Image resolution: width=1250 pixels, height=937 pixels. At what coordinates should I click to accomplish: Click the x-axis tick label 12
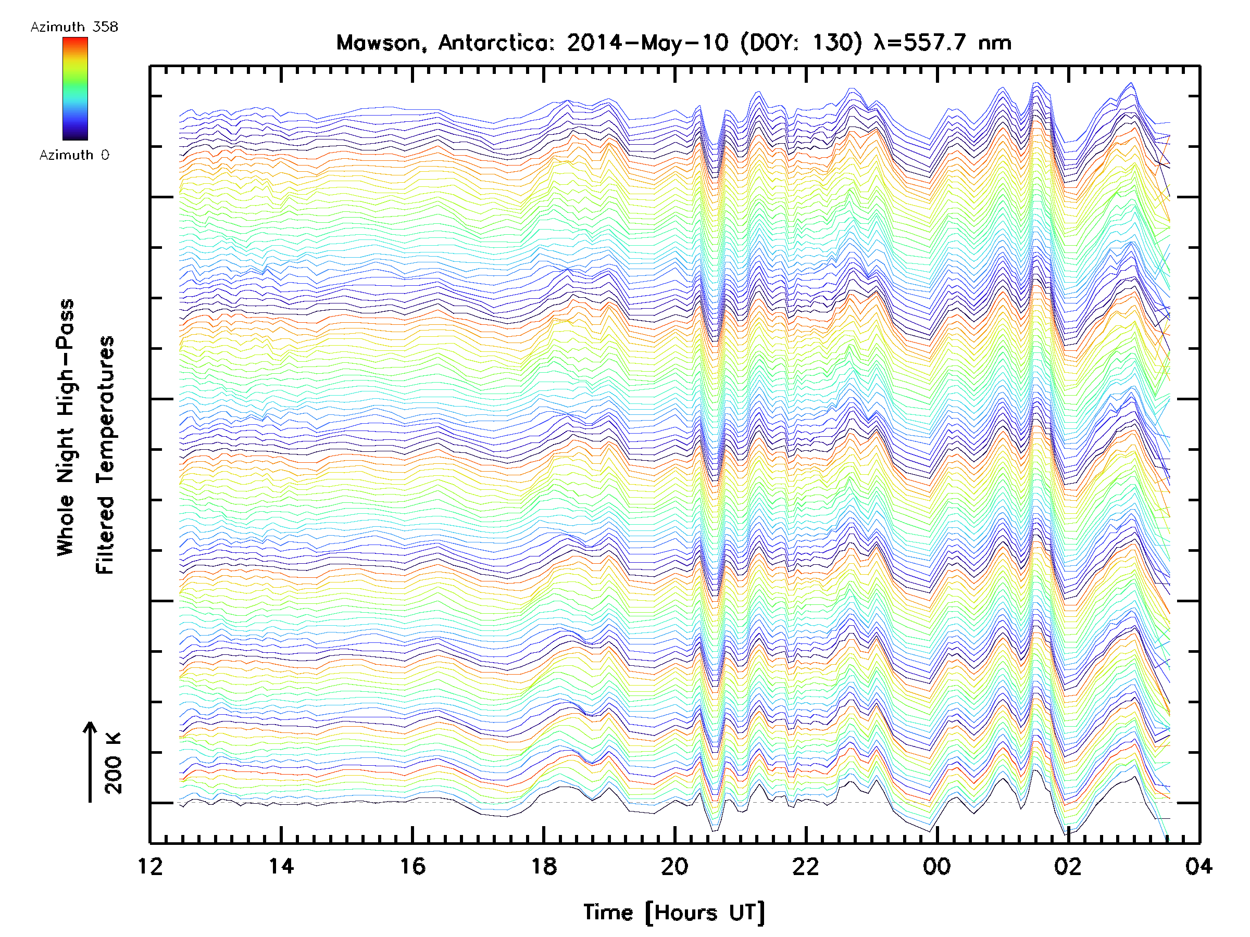151,866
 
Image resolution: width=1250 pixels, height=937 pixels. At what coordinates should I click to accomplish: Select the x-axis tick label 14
281,866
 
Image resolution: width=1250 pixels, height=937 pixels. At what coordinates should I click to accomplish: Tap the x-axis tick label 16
413,866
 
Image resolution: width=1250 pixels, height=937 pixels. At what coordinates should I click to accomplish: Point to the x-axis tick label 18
544,866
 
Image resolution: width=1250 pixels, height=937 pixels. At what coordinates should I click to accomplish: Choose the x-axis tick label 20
674,866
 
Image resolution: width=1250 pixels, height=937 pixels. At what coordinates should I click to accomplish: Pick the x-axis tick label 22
806,866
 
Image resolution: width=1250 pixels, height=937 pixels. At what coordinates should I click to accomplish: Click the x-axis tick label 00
937,866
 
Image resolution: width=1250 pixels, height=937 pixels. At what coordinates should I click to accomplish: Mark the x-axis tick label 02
1068,866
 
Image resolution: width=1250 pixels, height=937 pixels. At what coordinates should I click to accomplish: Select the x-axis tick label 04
1198,866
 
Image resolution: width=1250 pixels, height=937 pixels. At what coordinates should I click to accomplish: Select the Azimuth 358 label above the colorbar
74,27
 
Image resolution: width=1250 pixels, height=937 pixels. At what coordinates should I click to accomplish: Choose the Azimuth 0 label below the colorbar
74,155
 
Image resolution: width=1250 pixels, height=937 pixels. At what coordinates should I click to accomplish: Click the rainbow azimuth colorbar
75,88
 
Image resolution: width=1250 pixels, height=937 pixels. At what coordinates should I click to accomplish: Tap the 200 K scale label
114,763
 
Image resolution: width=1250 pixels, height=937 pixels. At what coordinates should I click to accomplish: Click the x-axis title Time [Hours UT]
674,913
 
